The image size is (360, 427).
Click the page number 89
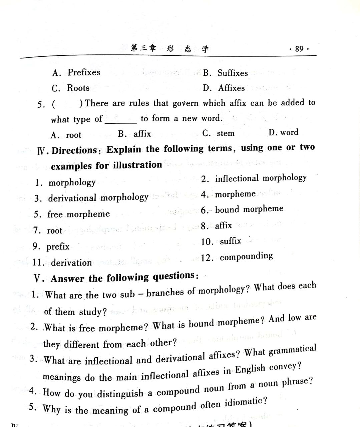pyautogui.click(x=299, y=49)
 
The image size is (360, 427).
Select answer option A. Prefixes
pyautogui.click(x=76, y=72)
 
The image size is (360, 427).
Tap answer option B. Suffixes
pyautogui.click(x=226, y=73)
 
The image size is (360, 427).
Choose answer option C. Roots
pyautogui.click(x=71, y=88)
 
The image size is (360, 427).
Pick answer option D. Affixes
pyautogui.click(x=224, y=88)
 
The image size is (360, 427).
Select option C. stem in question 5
pyautogui.click(x=219, y=133)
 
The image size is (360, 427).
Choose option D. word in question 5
pyautogui.click(x=284, y=132)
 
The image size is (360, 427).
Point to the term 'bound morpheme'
pyautogui.click(x=249, y=209)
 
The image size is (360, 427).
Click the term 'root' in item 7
pyautogui.click(x=54, y=231)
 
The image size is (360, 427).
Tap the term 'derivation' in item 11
pyautogui.click(x=71, y=263)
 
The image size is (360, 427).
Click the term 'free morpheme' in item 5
pyautogui.click(x=78, y=214)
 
